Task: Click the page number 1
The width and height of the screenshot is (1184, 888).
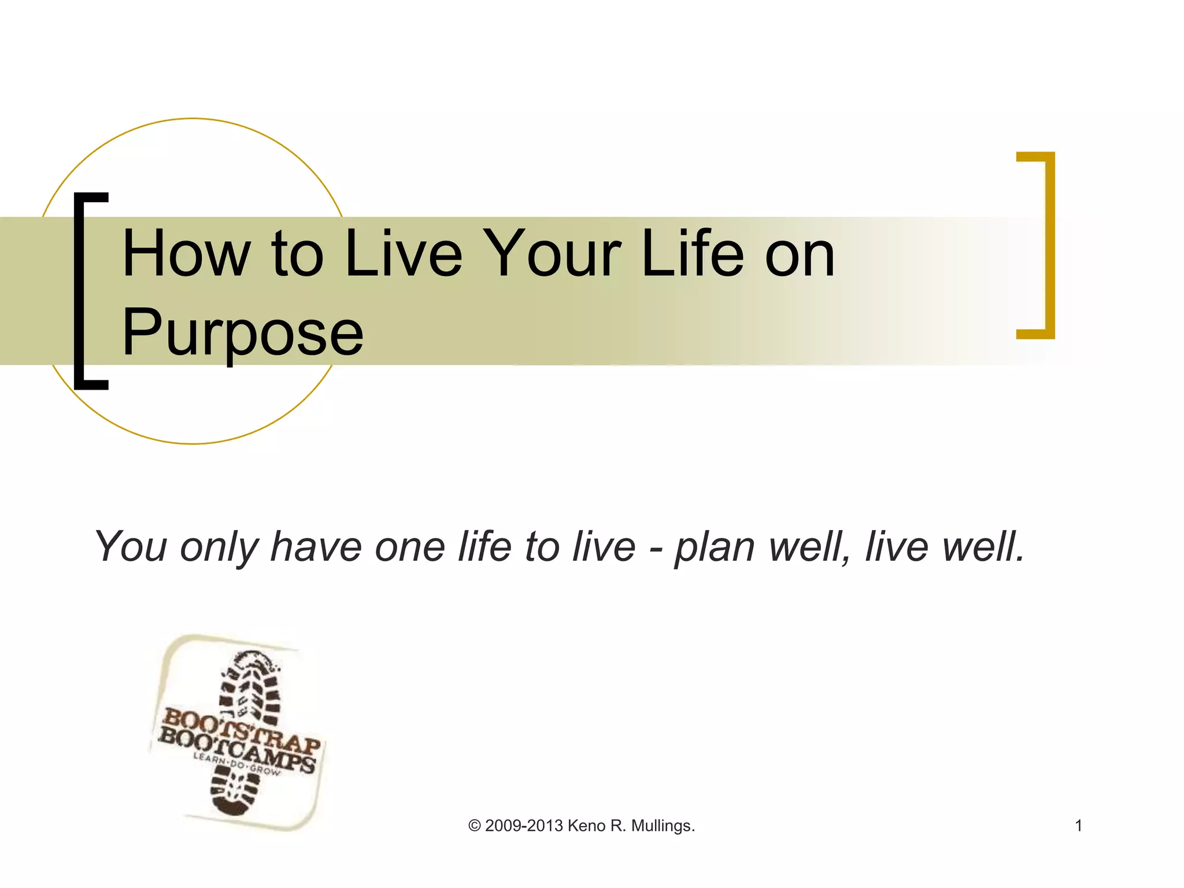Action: pyautogui.click(x=1078, y=826)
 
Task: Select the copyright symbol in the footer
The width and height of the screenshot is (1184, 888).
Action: pyautogui.click(x=474, y=826)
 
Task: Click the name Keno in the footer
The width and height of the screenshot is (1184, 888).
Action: pyautogui.click(x=586, y=826)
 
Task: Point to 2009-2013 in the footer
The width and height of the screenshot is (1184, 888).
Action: pyautogui.click(x=524, y=826)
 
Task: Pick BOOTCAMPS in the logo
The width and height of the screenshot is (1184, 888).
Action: pyautogui.click(x=237, y=752)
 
